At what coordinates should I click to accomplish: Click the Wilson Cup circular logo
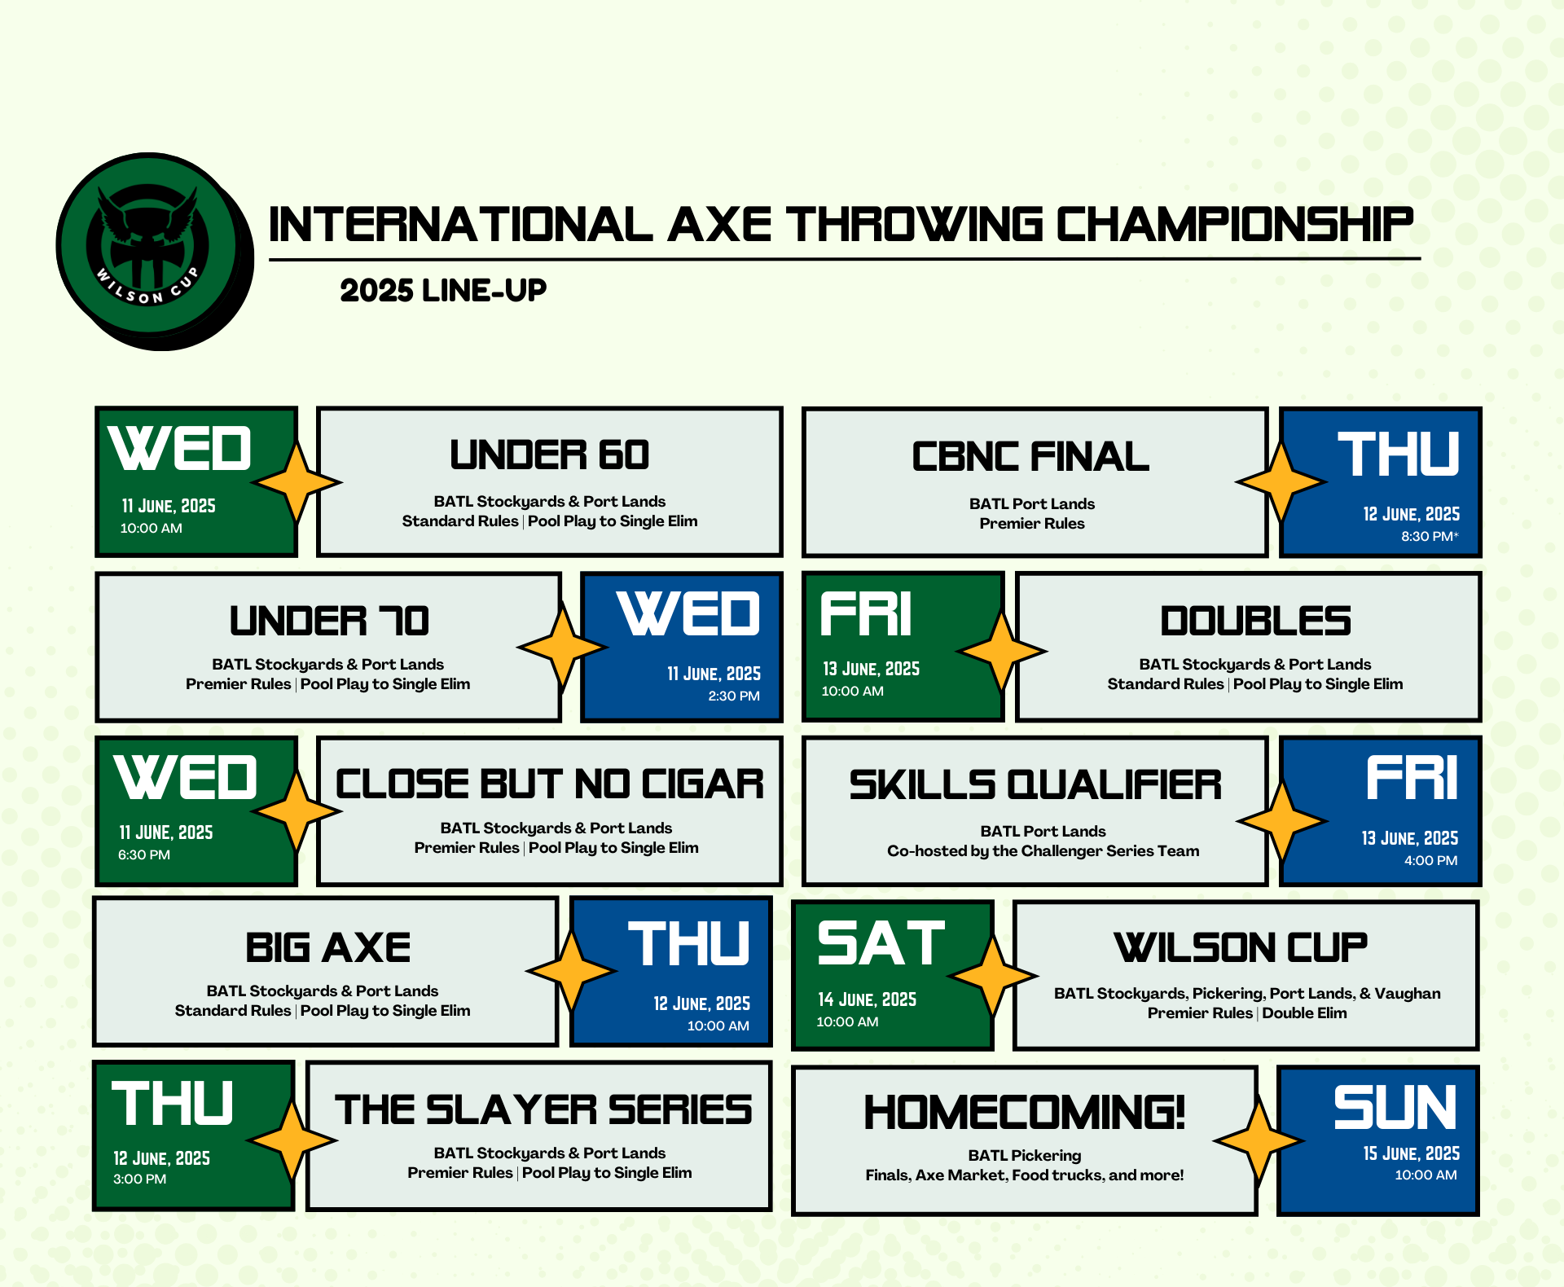154,251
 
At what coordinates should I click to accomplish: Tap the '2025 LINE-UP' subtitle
443,290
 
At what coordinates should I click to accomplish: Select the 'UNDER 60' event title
550,455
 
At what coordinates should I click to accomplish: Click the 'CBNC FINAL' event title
1030,456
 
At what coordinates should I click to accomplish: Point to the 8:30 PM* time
1430,536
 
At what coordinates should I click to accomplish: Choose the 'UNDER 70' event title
329,621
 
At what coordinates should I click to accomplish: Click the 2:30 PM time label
734,696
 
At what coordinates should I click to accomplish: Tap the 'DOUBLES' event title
1255,621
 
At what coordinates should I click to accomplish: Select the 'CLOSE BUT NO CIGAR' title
550,784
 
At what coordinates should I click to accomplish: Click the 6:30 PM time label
144,854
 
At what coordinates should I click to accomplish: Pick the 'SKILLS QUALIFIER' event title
1035,784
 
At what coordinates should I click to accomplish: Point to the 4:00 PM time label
1431,860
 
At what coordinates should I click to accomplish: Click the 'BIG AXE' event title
328,947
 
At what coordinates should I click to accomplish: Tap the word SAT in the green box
881,943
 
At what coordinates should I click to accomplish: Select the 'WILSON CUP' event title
1241,947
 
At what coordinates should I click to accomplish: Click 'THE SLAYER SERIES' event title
543,1109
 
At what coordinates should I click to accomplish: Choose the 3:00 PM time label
139,1179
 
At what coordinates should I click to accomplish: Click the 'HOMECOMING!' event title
1024,1112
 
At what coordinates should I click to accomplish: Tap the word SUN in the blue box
1395,1108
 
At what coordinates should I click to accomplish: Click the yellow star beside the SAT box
993,975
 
